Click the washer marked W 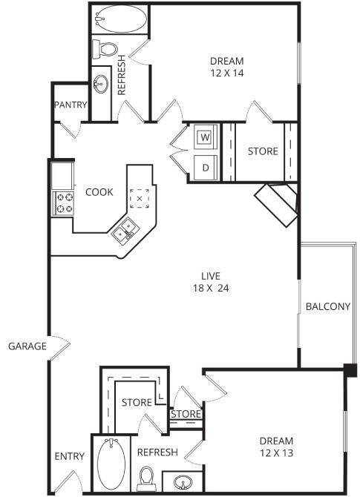205,137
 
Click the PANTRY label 71,105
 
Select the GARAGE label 27,346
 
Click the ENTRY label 70,457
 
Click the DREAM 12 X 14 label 227,67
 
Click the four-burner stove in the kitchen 62,202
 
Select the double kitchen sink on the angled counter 123,233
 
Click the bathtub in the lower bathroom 111,463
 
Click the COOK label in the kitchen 99,192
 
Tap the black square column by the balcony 350,369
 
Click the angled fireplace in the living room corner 277,205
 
